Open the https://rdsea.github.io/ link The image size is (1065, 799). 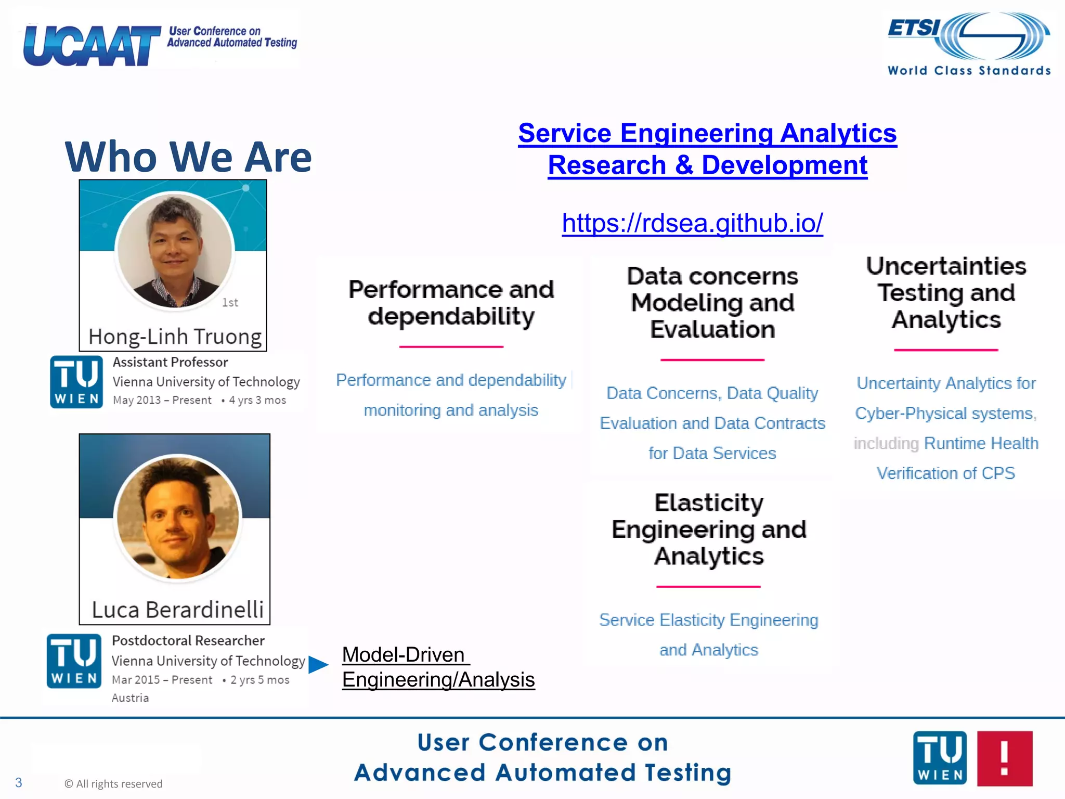[692, 223]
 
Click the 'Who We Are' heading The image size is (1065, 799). [188, 157]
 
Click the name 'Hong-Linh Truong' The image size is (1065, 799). [175, 337]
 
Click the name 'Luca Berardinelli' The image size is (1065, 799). [178, 610]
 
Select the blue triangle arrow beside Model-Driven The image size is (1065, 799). [318, 664]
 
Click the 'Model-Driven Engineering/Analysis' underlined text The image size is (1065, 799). [438, 667]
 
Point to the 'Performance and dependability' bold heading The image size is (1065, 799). [451, 303]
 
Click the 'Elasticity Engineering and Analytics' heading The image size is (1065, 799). [709, 529]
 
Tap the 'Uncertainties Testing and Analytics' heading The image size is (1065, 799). [946, 292]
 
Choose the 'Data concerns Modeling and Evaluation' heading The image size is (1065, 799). [712, 303]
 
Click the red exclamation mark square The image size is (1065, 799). [1005, 758]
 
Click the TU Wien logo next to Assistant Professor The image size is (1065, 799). [76, 382]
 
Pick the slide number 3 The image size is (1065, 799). [19, 782]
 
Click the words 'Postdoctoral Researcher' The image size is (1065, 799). [188, 640]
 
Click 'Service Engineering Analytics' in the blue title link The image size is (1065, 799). [707, 133]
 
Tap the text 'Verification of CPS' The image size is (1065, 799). [945, 473]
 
